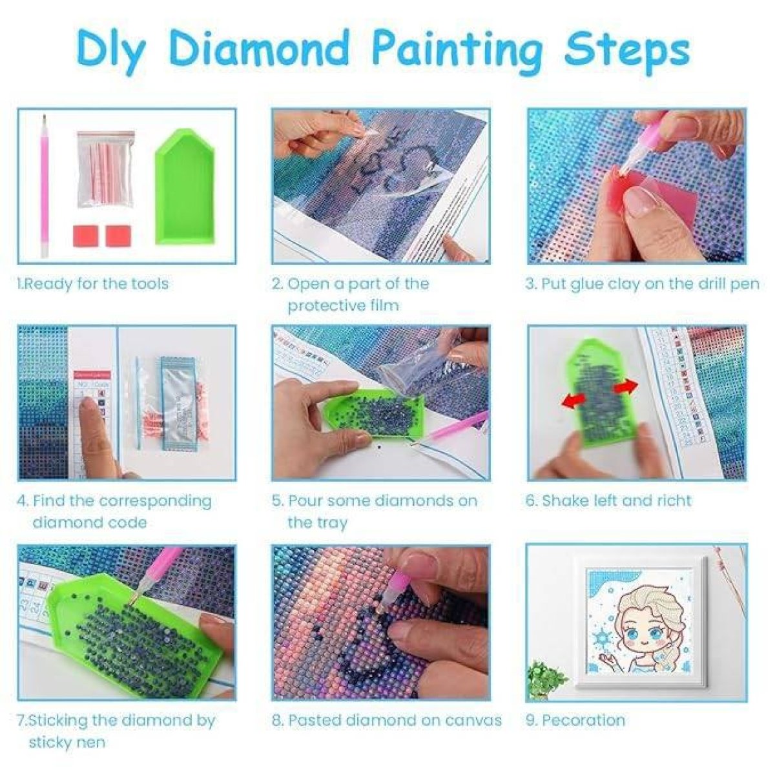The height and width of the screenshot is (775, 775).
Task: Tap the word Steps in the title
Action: tap(626, 47)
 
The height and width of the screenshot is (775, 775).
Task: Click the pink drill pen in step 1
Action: tap(45, 187)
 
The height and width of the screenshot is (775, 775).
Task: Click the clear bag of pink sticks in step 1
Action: tap(105, 169)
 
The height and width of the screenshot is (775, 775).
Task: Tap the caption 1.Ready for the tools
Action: tap(92, 284)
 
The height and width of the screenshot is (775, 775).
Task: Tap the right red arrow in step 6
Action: tap(624, 386)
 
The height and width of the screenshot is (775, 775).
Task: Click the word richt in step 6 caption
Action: tap(674, 501)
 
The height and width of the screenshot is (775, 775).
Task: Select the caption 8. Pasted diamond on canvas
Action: tap(386, 720)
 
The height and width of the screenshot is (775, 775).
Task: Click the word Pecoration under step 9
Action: tap(583, 720)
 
